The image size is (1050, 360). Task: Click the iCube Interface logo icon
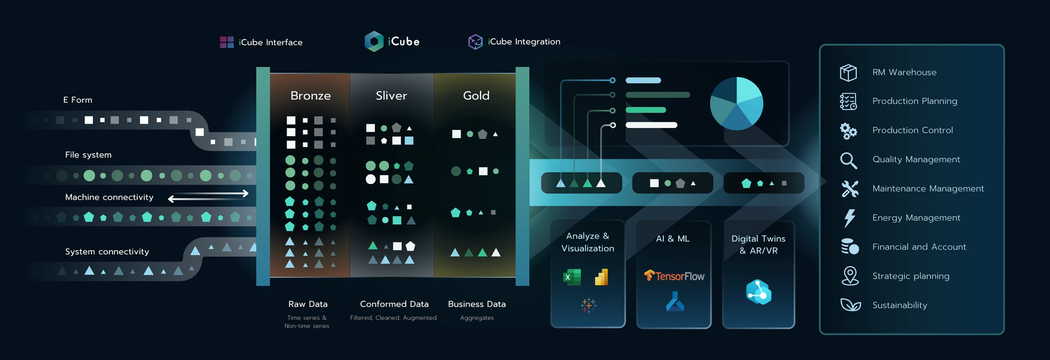click(x=227, y=42)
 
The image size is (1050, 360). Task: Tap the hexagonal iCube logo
click(x=374, y=41)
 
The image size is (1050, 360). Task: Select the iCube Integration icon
click(x=475, y=42)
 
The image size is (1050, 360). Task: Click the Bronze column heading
click(x=310, y=96)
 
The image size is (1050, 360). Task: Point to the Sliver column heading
click(x=391, y=96)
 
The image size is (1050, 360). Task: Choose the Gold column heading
click(x=476, y=96)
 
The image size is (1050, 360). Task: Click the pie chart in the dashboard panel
click(x=736, y=103)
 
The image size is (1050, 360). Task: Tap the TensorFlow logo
click(x=674, y=276)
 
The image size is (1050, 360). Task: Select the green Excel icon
click(x=572, y=277)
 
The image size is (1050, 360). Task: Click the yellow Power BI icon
click(x=601, y=277)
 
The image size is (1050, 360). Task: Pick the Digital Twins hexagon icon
click(x=758, y=292)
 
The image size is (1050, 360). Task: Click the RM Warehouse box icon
click(x=848, y=73)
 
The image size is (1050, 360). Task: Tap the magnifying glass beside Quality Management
click(x=848, y=160)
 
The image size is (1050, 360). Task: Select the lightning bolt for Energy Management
click(x=849, y=218)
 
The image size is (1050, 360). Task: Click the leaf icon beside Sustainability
click(x=850, y=305)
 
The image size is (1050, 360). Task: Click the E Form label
click(x=78, y=100)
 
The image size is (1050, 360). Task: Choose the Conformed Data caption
click(x=394, y=304)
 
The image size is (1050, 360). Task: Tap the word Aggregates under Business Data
click(x=477, y=318)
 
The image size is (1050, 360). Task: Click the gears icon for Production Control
click(x=848, y=131)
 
